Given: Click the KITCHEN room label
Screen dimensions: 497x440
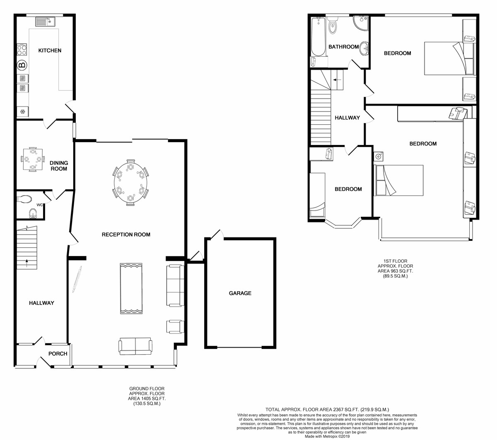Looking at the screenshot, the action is [50, 51].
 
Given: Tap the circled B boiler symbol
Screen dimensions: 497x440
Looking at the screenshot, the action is [22, 65].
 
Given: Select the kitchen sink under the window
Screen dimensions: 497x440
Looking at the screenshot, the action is [46, 22].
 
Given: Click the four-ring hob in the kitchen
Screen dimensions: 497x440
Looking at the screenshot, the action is [22, 50].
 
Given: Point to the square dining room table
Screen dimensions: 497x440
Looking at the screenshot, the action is [33, 159].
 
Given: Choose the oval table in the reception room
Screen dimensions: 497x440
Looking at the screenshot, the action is [130, 182].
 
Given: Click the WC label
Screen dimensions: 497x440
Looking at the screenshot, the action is [39, 205].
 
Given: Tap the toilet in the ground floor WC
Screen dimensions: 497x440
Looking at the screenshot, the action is [24, 199].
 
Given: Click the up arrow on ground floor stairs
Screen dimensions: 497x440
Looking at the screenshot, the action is [27, 264].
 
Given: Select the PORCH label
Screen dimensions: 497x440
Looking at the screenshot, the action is [58, 354].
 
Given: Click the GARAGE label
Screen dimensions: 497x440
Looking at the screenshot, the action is [240, 293].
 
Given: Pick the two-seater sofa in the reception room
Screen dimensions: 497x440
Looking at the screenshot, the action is [135, 346].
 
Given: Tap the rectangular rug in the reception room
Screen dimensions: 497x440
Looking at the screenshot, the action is [131, 289].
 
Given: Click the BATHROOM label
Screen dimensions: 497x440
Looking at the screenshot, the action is [344, 47].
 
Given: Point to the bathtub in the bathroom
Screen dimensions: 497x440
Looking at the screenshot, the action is [318, 37].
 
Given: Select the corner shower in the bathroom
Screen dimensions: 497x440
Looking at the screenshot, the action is [361, 23].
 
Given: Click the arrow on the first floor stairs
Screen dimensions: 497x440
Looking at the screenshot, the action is [337, 80].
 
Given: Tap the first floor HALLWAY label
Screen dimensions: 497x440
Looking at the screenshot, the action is [347, 118].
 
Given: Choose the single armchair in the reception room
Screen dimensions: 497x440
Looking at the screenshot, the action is [175, 326].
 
